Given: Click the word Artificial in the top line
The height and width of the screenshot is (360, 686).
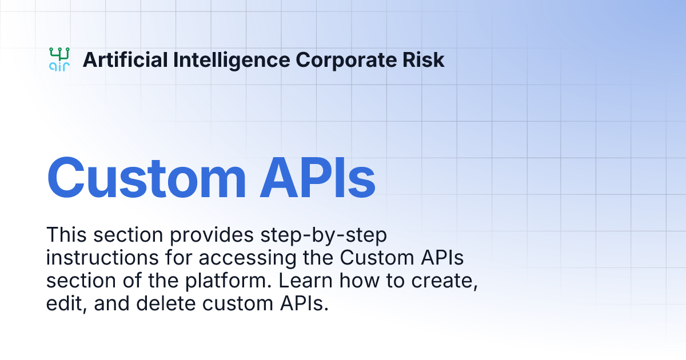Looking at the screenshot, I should coord(117,59).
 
